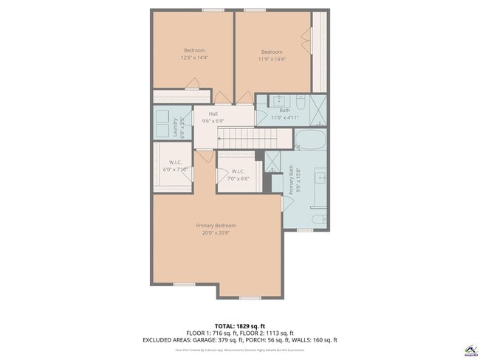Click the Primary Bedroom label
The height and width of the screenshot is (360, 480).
[x=216, y=225]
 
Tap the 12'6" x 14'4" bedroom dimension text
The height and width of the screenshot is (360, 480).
[x=194, y=58]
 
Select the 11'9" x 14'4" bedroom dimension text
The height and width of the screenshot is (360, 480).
[x=271, y=59]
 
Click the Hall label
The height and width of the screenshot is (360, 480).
[x=213, y=114]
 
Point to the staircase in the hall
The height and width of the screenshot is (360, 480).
[x=247, y=137]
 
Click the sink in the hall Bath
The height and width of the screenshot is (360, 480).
[x=281, y=101]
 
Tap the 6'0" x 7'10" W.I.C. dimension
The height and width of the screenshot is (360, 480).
[x=175, y=169]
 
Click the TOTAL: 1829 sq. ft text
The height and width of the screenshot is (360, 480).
[x=239, y=325]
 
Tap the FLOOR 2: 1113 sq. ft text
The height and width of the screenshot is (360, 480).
[x=267, y=333]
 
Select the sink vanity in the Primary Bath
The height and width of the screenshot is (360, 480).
[x=321, y=178]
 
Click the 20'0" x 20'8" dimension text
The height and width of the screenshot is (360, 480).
[x=216, y=232]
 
